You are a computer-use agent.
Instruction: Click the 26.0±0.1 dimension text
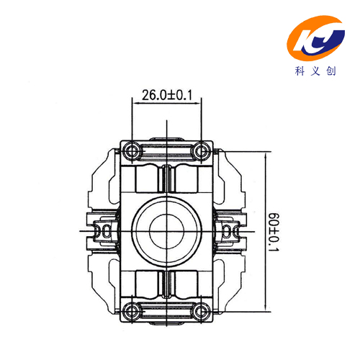pos(167,95)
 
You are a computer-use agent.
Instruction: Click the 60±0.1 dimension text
pos(274,232)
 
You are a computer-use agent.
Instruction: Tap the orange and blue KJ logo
pos(316,38)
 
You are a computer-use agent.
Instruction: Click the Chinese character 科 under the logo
pos(300,71)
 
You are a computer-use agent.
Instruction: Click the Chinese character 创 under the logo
pos(331,71)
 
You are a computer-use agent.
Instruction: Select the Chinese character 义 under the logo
pos(315,71)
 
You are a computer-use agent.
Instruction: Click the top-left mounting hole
pos(132,151)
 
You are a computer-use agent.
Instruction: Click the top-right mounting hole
pos(201,151)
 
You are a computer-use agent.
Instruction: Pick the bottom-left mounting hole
pos(132,312)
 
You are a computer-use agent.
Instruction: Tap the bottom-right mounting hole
pos(201,312)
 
